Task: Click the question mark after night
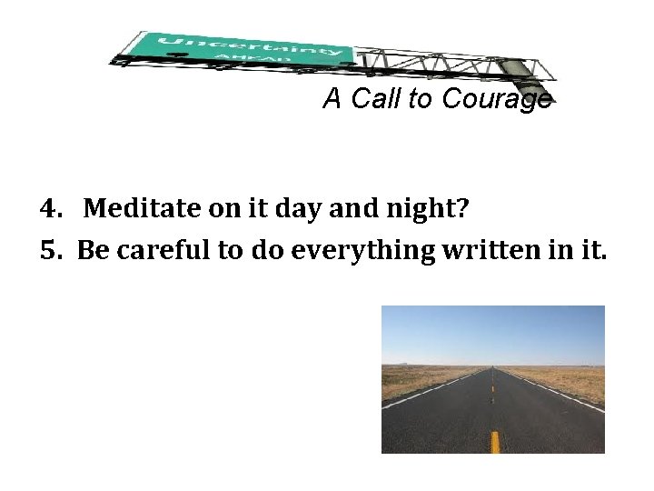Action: [463, 210]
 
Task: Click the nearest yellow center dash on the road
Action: [495, 441]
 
